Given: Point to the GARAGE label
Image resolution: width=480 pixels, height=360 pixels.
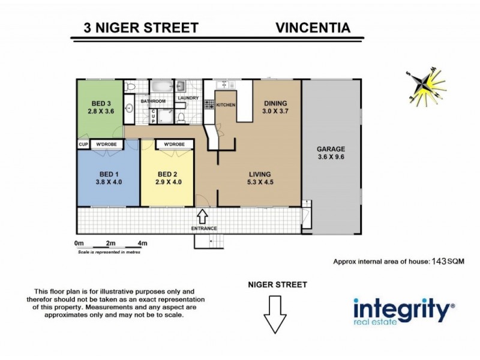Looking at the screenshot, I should coord(332,149).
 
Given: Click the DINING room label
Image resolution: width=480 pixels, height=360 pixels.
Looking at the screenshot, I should coord(275,103).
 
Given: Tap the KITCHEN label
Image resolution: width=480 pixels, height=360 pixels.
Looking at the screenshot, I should coord(226,105).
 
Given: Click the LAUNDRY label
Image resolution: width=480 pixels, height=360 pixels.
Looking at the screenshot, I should coord(188,98).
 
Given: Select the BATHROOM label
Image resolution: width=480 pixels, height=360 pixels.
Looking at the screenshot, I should coord(153,101).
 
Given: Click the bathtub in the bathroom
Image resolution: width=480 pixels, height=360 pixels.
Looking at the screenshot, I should coord(160,87).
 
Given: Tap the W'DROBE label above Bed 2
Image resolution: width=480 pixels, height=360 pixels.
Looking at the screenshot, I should coord(174,145).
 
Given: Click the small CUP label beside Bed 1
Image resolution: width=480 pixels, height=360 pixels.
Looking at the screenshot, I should coord(83,145).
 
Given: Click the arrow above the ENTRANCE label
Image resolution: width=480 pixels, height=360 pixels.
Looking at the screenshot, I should coord(203,215).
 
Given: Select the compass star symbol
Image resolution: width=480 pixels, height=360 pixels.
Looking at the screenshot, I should coord(424,87).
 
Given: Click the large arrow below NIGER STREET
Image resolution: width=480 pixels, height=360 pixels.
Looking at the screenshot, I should coord(275,314).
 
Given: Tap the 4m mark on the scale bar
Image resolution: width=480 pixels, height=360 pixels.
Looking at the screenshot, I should coord(142,244).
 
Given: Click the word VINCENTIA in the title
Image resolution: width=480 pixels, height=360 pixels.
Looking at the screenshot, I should coord(313,28).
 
